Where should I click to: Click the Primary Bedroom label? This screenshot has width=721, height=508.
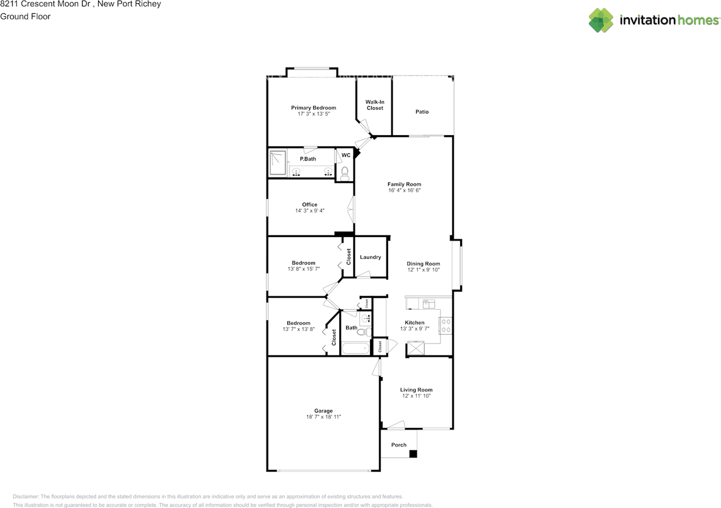313,108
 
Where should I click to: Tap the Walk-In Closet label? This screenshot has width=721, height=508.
375,105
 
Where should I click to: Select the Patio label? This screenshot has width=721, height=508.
422,112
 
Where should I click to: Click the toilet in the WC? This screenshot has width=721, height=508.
345,173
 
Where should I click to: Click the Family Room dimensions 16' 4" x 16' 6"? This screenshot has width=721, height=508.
404,190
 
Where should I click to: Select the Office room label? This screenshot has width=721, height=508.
309,204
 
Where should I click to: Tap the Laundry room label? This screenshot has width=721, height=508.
371,257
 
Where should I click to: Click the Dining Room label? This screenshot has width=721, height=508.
423,264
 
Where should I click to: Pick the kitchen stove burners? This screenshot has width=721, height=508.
446,326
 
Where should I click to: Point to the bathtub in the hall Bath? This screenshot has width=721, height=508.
355,349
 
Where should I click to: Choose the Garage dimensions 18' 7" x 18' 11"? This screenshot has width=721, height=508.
323,417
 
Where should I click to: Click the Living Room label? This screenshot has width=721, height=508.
416,390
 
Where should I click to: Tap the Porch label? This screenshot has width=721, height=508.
399,445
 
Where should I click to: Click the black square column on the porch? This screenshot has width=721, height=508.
413,454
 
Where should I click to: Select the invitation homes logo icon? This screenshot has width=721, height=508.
601,20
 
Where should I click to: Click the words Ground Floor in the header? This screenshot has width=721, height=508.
25,16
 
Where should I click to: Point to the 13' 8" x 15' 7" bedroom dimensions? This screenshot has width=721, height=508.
303,269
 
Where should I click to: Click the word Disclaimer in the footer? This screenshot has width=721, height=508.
26,497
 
